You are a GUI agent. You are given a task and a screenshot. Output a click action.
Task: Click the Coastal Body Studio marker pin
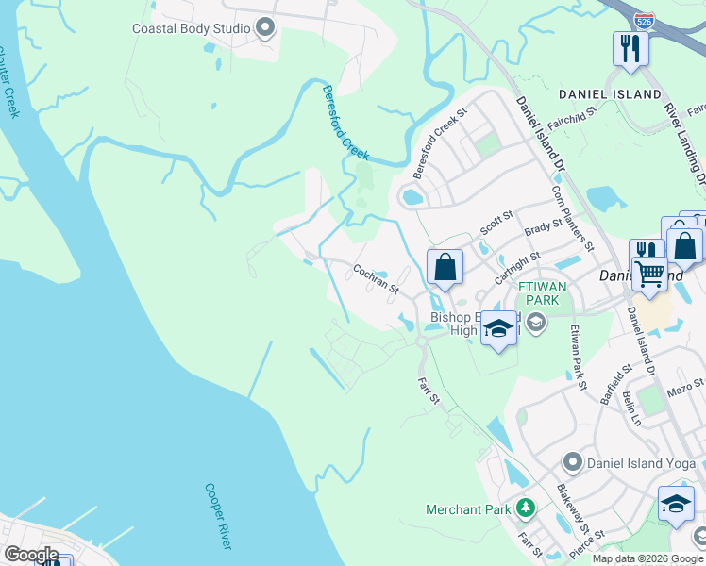[x=265, y=28]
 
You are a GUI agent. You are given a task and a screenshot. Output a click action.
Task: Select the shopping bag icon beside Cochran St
[x=445, y=267]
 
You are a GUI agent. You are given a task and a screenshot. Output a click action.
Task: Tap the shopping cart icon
[x=648, y=273]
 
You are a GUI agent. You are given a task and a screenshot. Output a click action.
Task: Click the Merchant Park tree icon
[x=525, y=509]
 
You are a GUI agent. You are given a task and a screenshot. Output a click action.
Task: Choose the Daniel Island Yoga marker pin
[x=572, y=462]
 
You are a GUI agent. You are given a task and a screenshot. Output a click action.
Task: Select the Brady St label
[x=543, y=227]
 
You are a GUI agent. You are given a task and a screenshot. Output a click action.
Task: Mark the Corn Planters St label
[x=573, y=216]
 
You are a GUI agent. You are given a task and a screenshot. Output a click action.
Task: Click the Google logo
[x=31, y=555]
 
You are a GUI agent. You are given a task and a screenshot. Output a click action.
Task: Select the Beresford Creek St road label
[x=440, y=144]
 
